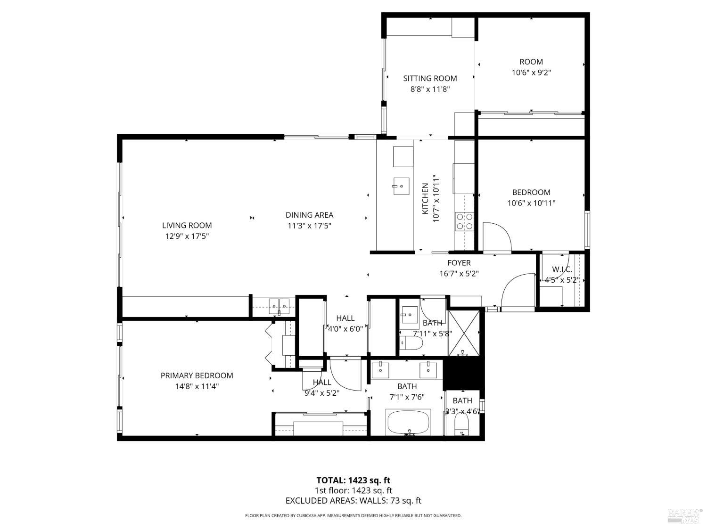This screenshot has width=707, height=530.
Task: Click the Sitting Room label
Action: coord(430,78)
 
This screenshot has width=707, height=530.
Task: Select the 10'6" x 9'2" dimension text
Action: coord(531,73)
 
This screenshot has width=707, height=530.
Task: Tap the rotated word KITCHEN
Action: coord(425,199)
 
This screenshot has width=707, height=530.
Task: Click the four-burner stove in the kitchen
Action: coord(464,221)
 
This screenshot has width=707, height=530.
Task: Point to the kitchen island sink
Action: coord(401,186)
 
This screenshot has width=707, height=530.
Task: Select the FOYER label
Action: coord(459,263)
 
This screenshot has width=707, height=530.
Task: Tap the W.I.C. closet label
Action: coord(562,269)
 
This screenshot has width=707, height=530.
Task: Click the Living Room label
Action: coord(187,225)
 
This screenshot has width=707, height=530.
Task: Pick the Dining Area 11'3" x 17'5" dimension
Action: coord(309,226)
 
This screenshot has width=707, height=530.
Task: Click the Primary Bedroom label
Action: coord(197,375)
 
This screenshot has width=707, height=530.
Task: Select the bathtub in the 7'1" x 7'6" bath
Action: coord(409,423)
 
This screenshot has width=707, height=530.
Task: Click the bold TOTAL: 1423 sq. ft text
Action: coord(353,481)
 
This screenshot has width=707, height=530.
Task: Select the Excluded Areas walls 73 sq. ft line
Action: coord(353,501)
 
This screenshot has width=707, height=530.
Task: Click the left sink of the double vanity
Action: coord(380,370)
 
